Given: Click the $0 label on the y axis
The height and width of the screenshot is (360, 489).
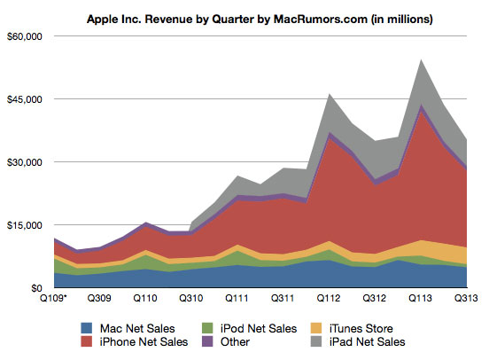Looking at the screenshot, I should [35, 288].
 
